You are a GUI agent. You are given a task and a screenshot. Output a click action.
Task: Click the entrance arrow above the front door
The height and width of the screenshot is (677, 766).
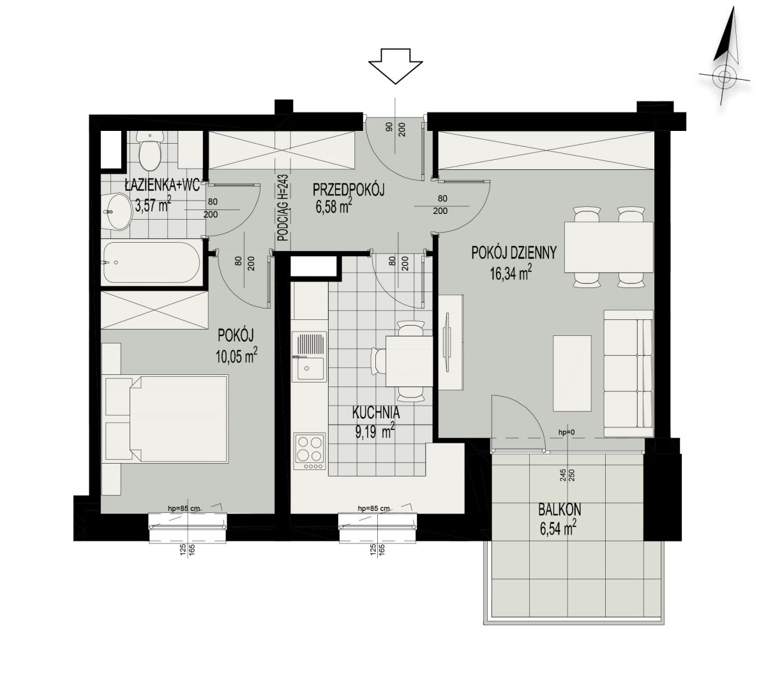point(395,66)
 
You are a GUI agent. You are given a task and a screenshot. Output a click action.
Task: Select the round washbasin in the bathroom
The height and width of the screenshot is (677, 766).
point(116,211)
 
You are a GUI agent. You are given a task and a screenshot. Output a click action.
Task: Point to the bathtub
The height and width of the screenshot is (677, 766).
point(151,262)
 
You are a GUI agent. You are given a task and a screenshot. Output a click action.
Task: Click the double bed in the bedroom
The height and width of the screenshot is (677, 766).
point(167,419)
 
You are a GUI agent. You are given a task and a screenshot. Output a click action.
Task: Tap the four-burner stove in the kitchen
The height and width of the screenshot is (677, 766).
point(310,452)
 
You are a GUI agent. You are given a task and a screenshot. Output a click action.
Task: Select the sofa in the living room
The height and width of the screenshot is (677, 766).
point(628,374)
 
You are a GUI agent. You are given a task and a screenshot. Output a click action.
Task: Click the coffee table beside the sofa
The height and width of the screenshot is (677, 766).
point(572,374)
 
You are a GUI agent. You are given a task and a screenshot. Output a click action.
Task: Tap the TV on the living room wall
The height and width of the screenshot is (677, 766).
point(447,343)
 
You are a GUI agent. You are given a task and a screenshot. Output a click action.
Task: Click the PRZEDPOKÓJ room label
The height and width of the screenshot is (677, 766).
point(349,190)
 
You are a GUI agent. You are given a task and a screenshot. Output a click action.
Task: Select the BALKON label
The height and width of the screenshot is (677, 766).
point(560,510)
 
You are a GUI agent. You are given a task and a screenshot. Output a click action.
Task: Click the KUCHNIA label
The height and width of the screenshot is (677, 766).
point(376,413)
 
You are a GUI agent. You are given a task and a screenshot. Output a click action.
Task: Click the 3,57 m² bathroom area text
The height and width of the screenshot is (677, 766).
point(153,205)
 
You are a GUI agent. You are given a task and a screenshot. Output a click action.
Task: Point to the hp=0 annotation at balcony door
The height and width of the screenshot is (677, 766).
point(566,432)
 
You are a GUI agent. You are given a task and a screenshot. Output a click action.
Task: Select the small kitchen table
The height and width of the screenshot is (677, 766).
point(409,361)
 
